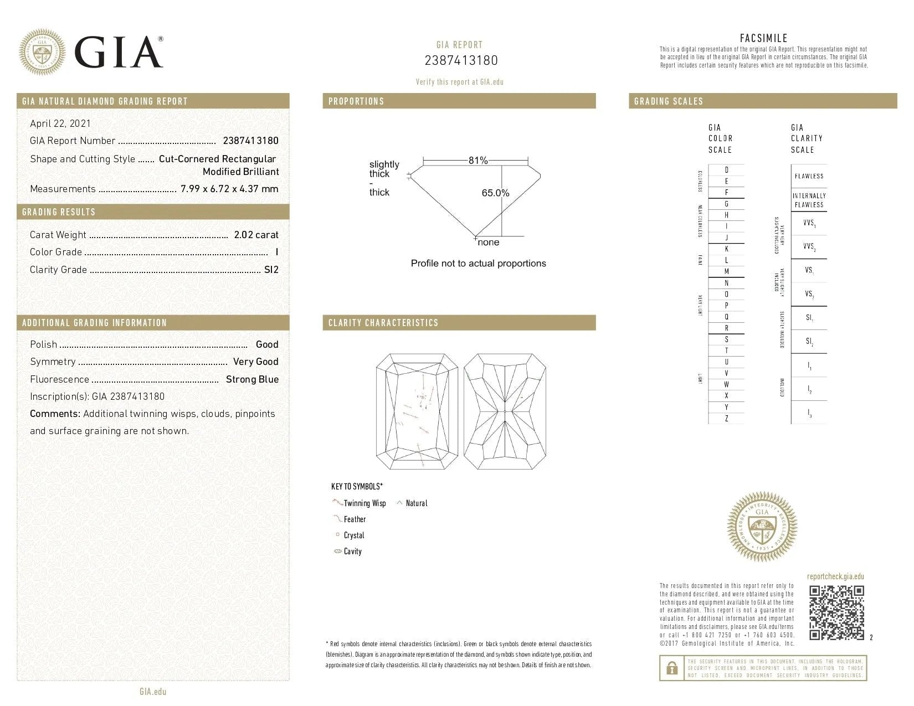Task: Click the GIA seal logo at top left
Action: tap(42, 51)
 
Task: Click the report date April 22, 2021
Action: tap(60, 123)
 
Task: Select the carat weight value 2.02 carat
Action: tap(256, 235)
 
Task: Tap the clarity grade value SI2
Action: tap(271, 270)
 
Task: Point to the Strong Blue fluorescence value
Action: tap(252, 379)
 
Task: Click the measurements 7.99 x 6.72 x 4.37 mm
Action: tap(229, 189)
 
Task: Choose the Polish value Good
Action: tap(267, 344)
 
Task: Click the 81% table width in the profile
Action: tap(477, 161)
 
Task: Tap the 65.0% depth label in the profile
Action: tap(495, 193)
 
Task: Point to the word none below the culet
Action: tap(488, 243)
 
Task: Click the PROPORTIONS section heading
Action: tap(356, 101)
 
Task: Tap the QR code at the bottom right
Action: tap(836, 612)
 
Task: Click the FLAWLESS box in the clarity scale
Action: tap(809, 176)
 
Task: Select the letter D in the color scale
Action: tap(727, 170)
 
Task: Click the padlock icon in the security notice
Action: tap(672, 668)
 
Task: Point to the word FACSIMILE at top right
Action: tap(763, 38)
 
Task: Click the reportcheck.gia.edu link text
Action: tap(835, 576)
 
